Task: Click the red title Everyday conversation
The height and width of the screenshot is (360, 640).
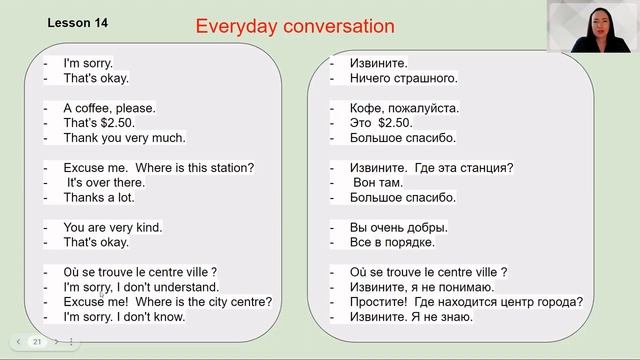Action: point(294,26)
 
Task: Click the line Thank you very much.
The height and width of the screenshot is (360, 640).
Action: point(124,137)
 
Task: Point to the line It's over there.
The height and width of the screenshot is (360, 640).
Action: point(106,182)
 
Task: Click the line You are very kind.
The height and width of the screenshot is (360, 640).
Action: point(112,227)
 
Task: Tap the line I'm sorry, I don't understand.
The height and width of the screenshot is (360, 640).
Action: point(142,287)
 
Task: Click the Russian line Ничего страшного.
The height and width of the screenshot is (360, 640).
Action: point(404,77)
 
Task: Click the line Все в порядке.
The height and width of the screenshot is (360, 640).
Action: point(392,242)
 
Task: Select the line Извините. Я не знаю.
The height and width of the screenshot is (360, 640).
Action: point(411,317)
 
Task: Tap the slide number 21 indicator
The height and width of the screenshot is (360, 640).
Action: point(37,341)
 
